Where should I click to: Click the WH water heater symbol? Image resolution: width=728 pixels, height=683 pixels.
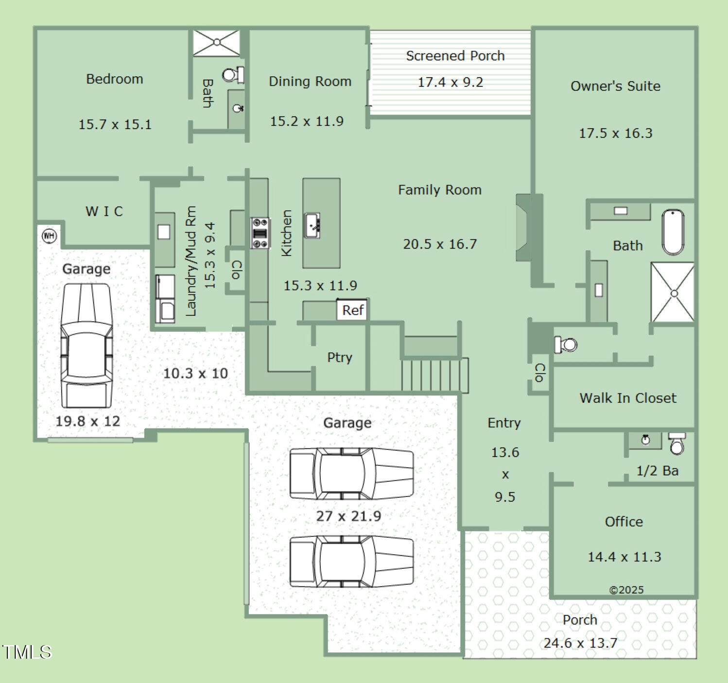(x=49, y=236)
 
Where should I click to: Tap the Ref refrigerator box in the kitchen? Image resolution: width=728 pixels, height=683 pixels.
(x=352, y=310)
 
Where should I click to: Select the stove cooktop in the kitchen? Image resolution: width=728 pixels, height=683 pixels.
(x=260, y=233)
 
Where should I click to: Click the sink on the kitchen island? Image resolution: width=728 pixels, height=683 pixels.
(x=312, y=225)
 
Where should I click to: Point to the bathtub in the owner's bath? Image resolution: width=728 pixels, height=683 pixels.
(x=673, y=232)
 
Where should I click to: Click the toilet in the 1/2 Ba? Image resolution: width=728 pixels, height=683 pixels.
(x=676, y=444)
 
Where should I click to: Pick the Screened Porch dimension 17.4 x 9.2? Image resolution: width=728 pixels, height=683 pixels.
(x=451, y=82)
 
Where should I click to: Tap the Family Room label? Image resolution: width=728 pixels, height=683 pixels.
(x=440, y=190)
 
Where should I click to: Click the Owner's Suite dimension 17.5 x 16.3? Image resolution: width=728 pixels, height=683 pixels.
(x=616, y=133)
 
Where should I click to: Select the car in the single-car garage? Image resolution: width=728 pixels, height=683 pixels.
(x=87, y=345)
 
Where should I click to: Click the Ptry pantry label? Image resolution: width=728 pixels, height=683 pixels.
(x=339, y=357)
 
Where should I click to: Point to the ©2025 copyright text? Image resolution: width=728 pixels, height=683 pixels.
(x=626, y=590)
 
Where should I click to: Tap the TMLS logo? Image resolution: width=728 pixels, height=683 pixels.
(x=27, y=652)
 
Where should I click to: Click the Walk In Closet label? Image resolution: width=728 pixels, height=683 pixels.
(x=628, y=398)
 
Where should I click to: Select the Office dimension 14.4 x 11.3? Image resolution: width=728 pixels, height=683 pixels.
(x=624, y=557)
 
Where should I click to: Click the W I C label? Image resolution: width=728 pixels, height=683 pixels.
(x=104, y=211)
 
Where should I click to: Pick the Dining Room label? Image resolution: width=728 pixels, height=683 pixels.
(x=310, y=81)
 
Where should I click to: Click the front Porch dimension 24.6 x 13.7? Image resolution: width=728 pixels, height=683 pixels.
(x=580, y=643)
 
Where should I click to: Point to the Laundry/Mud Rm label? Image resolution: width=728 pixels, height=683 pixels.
(x=191, y=261)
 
